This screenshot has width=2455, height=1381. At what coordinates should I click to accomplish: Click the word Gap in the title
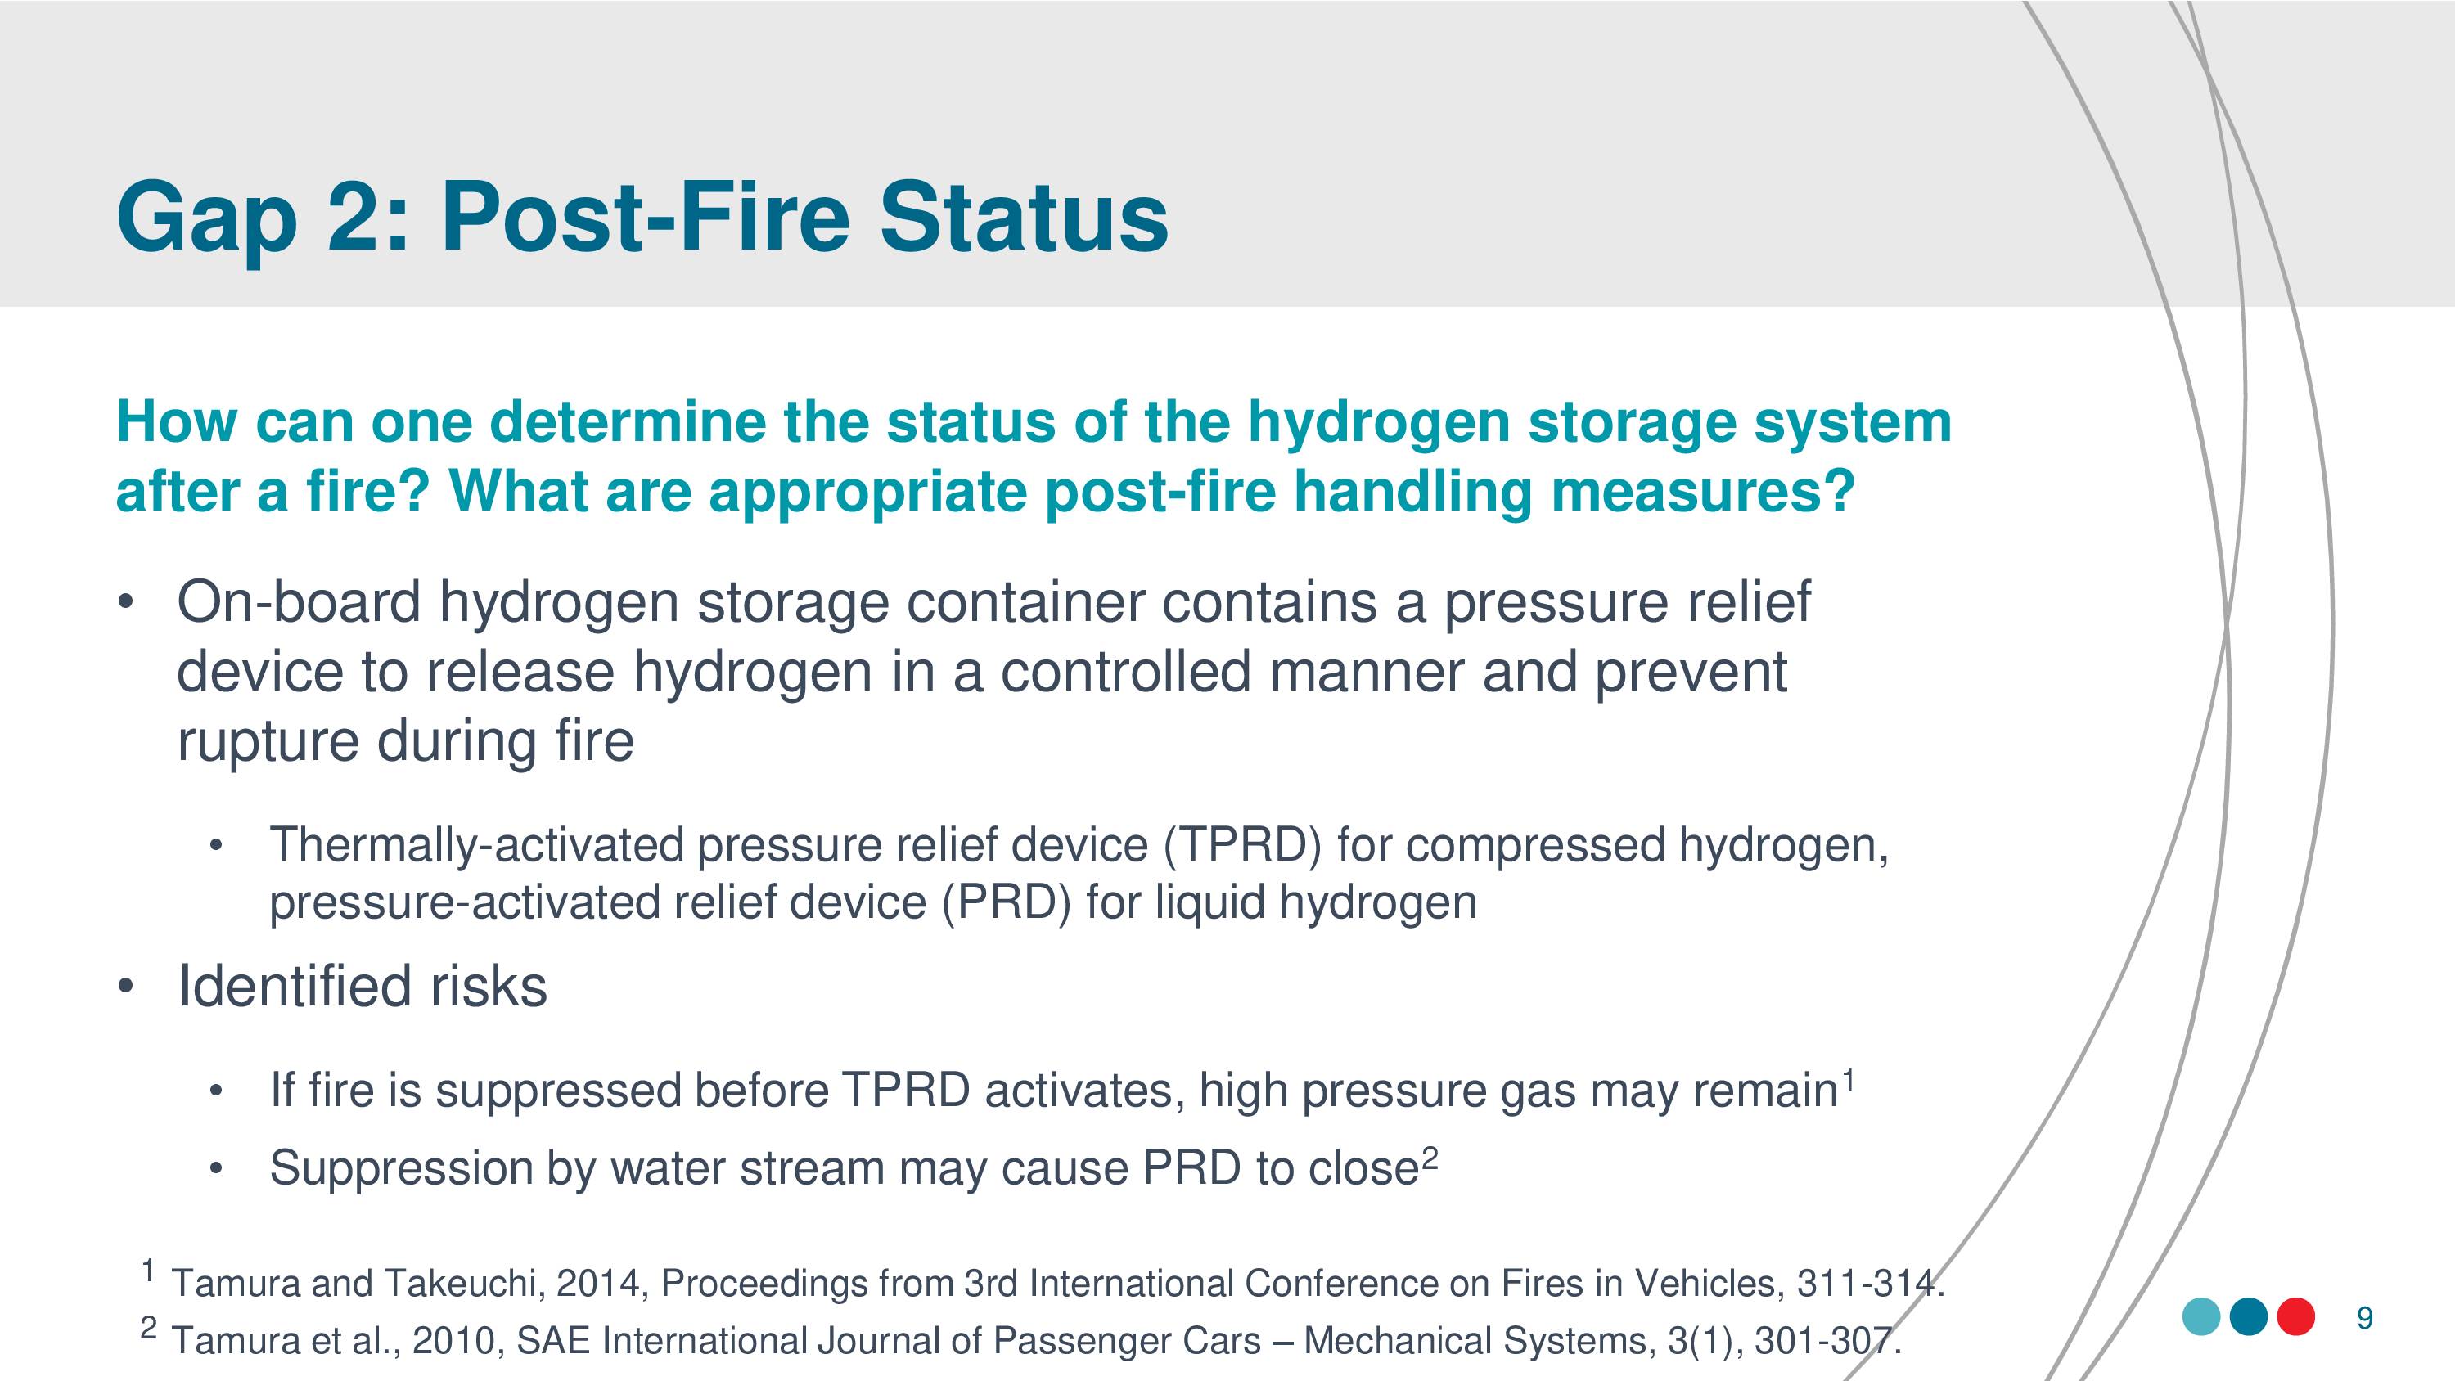(x=206, y=218)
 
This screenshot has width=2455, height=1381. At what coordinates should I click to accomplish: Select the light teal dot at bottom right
(x=2201, y=1317)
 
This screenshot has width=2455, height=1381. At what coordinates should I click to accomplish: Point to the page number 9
(x=2364, y=1319)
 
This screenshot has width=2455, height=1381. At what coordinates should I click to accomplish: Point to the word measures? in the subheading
(x=1703, y=492)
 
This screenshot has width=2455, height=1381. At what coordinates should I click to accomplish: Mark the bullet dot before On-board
(x=124, y=603)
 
